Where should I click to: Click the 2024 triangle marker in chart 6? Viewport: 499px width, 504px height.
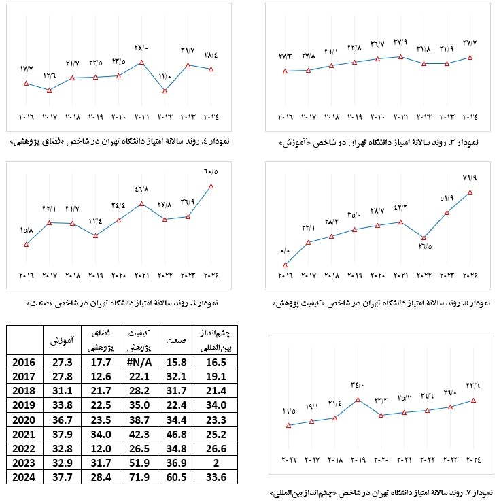pos(212,186)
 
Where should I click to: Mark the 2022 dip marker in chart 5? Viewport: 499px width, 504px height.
pos(424,238)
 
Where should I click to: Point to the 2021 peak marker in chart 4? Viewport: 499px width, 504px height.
pos(141,63)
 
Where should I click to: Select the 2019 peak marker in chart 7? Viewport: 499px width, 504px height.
pos(358,399)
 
